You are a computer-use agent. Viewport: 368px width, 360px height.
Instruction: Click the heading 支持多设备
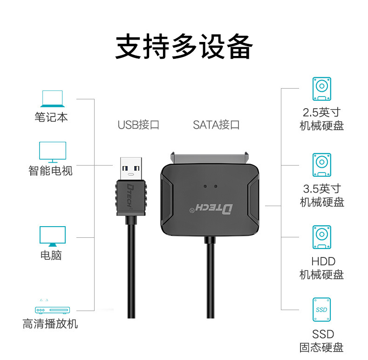point(184,46)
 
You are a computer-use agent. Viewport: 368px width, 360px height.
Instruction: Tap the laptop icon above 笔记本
point(51,99)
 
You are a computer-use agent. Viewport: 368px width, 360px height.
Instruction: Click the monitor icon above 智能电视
point(52,152)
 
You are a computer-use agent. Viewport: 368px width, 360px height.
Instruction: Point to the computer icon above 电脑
point(52,236)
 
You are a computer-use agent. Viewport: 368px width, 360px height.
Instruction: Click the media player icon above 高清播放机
point(52,309)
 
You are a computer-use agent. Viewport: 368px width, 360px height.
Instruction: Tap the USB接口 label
point(138,125)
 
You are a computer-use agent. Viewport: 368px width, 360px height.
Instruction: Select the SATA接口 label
point(216,125)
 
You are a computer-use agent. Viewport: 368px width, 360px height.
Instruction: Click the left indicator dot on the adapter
point(205,186)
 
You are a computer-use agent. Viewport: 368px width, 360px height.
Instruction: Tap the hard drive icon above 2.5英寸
point(321,89)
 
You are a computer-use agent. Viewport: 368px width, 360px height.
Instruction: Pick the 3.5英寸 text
point(322,189)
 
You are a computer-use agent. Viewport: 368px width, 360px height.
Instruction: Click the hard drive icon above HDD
point(321,237)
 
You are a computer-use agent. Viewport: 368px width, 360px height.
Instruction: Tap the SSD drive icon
point(321,310)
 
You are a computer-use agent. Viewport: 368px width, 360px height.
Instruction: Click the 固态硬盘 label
point(321,347)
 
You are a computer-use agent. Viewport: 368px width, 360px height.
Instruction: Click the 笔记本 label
point(51,117)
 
